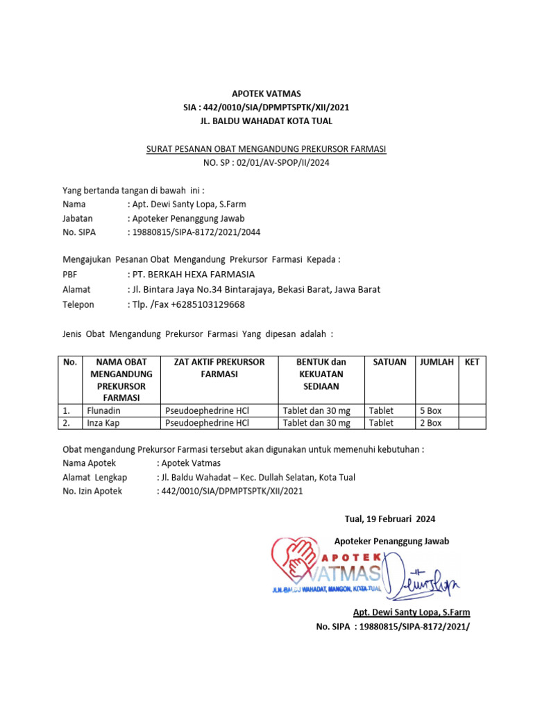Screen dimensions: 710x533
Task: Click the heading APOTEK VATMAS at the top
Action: (266, 94)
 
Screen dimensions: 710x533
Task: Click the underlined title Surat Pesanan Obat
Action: (266, 149)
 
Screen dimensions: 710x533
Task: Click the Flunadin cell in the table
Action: (103, 410)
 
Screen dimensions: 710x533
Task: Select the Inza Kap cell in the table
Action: (103, 423)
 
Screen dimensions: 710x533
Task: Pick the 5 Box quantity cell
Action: (430, 410)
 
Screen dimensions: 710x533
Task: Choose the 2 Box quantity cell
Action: (430, 423)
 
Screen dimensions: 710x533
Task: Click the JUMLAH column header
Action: (436, 362)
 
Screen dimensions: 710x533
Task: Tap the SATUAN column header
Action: (389, 362)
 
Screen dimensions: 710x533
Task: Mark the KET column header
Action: (472, 362)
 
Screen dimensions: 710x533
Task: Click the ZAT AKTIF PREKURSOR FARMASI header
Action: (219, 368)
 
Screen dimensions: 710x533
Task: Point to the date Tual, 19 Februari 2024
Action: (390, 519)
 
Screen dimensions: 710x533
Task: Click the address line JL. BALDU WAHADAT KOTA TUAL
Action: (266, 121)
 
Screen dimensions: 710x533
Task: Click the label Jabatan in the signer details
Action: (78, 218)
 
